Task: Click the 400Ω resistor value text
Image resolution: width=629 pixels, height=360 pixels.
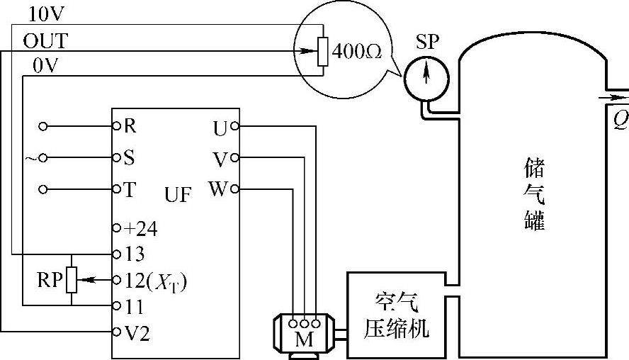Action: tap(352, 54)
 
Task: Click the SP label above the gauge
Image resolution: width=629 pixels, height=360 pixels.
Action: tap(427, 42)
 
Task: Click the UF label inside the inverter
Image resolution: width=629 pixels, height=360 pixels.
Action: tap(178, 195)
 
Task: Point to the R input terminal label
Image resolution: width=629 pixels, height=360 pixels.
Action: tap(130, 126)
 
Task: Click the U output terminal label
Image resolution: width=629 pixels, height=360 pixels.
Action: tap(220, 128)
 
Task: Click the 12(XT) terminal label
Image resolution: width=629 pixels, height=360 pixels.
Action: tap(155, 281)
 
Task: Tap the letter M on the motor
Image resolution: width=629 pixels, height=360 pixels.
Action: tap(304, 339)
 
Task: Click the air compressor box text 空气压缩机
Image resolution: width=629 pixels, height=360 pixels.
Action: tap(396, 316)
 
